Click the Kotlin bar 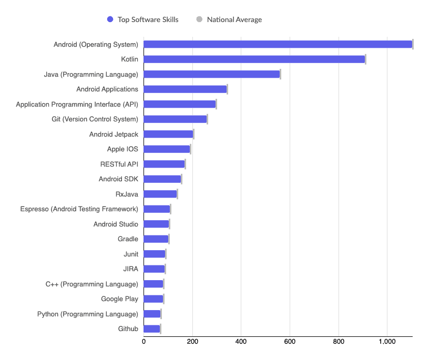tap(254, 59)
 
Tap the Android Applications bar tap(185, 89)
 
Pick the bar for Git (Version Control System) tap(175, 119)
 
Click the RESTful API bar tap(164, 164)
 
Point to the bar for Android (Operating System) tap(278, 44)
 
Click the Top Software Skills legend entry tap(142, 19)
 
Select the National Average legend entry tap(229, 19)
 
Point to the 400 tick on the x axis tap(241, 342)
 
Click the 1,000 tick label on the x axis tap(387, 342)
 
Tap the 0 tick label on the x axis tap(144, 342)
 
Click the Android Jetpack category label tap(114, 135)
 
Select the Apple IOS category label tap(122, 149)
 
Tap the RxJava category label tap(127, 194)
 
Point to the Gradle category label tap(128, 239)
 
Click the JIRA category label tap(130, 269)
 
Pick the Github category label tap(128, 329)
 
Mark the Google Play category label tap(120, 299)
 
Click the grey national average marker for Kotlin tap(365, 59)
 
